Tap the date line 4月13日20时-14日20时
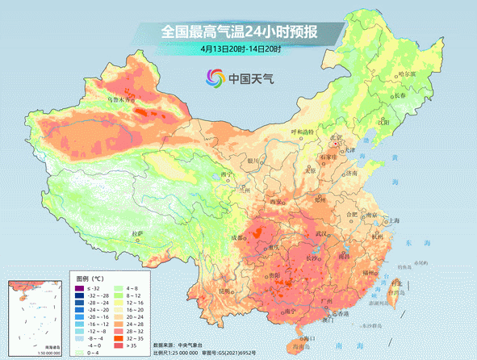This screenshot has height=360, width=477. [x=241, y=49]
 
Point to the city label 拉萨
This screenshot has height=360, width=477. [x=137, y=233]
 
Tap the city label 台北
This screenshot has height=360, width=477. [x=395, y=283]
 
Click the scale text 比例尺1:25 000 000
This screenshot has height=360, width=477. [x=181, y=353]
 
